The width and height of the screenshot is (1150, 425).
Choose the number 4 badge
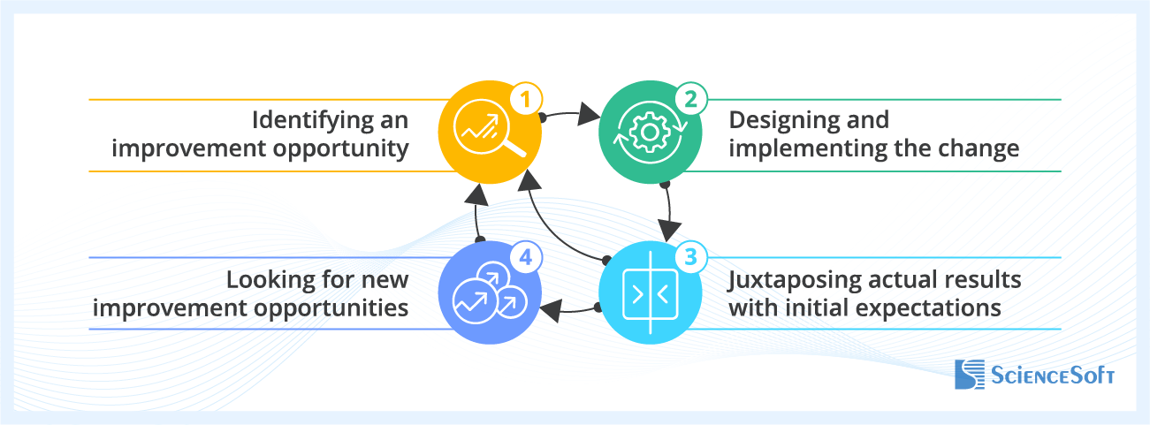tap(526, 258)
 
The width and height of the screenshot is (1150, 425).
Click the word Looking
tap(271, 281)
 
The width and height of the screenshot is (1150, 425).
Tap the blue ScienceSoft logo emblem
tap(970, 375)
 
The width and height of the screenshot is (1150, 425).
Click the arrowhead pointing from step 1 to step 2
tap(589, 114)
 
